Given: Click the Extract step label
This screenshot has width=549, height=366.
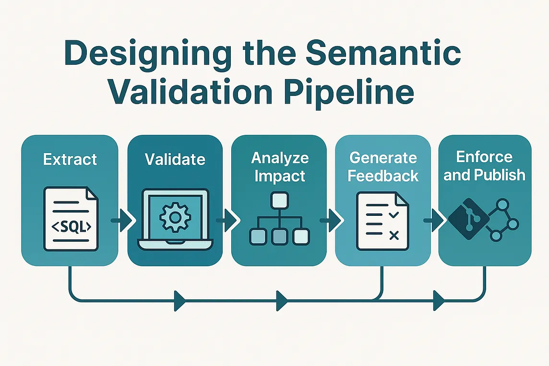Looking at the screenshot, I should tap(70, 159).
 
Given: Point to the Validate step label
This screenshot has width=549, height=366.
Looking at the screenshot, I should tap(175, 159).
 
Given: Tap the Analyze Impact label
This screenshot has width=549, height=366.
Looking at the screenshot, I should tap(280, 166).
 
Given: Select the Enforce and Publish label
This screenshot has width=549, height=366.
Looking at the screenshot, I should tap(484, 166).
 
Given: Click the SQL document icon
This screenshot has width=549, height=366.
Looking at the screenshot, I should tap(71, 218).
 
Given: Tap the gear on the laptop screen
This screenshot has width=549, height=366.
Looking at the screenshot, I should tap(175, 217).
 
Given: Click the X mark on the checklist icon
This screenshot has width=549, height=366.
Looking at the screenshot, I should tap(394, 235).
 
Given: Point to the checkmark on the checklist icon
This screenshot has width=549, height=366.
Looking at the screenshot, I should tap(394, 215).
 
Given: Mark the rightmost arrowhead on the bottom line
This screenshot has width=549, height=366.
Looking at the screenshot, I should tap(438, 301).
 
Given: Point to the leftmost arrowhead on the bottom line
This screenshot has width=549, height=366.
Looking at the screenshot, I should tap(180, 301).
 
